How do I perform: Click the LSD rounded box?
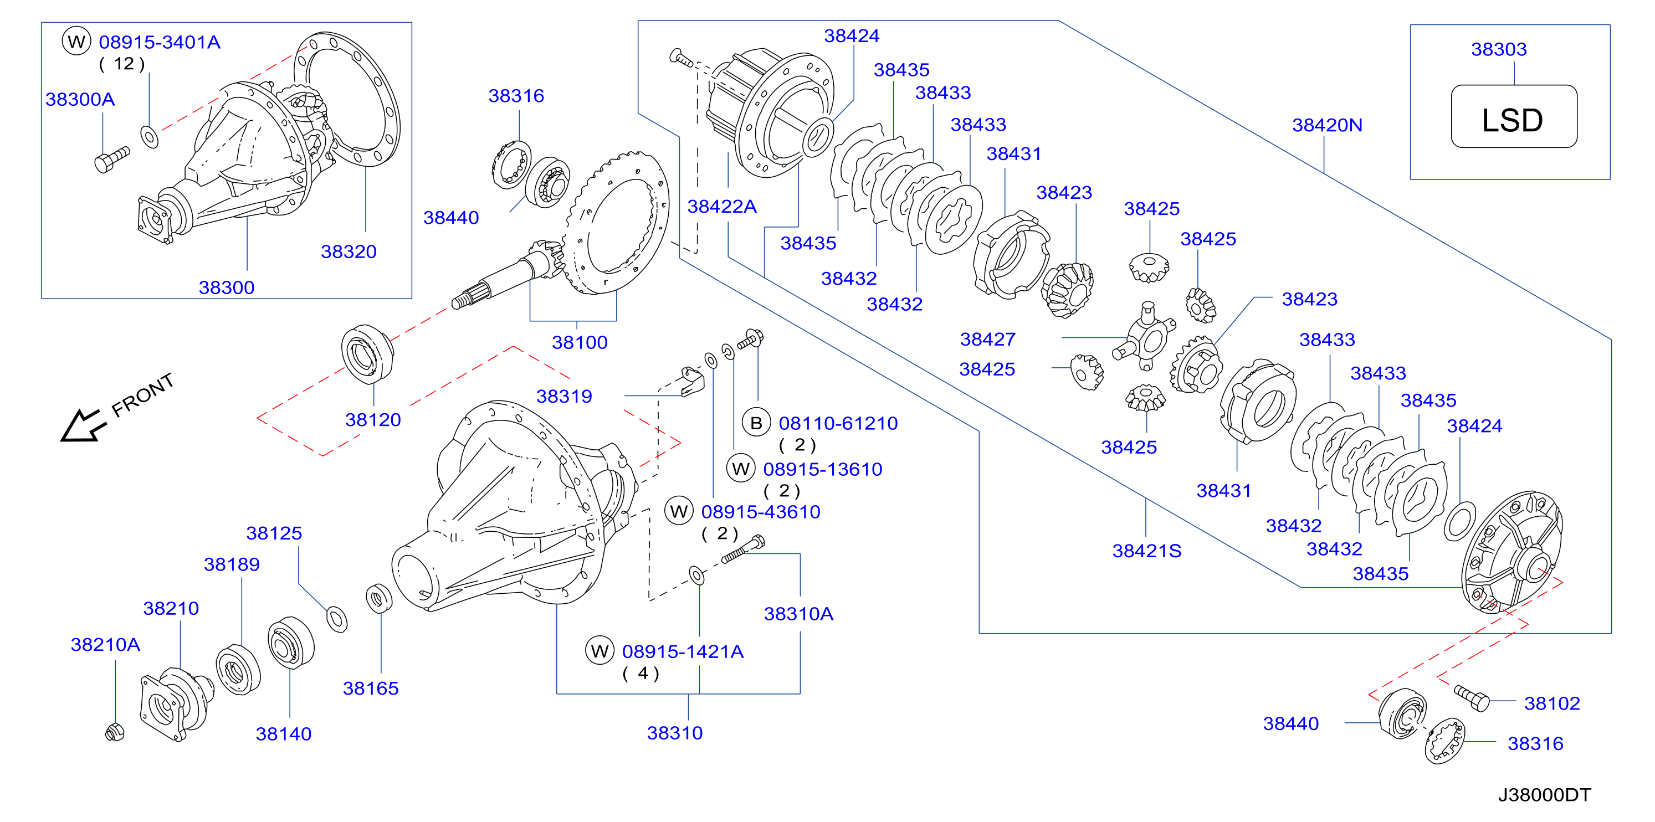(1514, 116)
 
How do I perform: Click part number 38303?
(1499, 49)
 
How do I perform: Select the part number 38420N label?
(1328, 125)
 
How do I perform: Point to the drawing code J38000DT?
(1545, 795)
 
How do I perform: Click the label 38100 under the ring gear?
(580, 342)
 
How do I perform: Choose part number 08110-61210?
(838, 423)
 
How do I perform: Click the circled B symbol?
(756, 423)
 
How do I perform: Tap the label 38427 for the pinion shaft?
(987, 339)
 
